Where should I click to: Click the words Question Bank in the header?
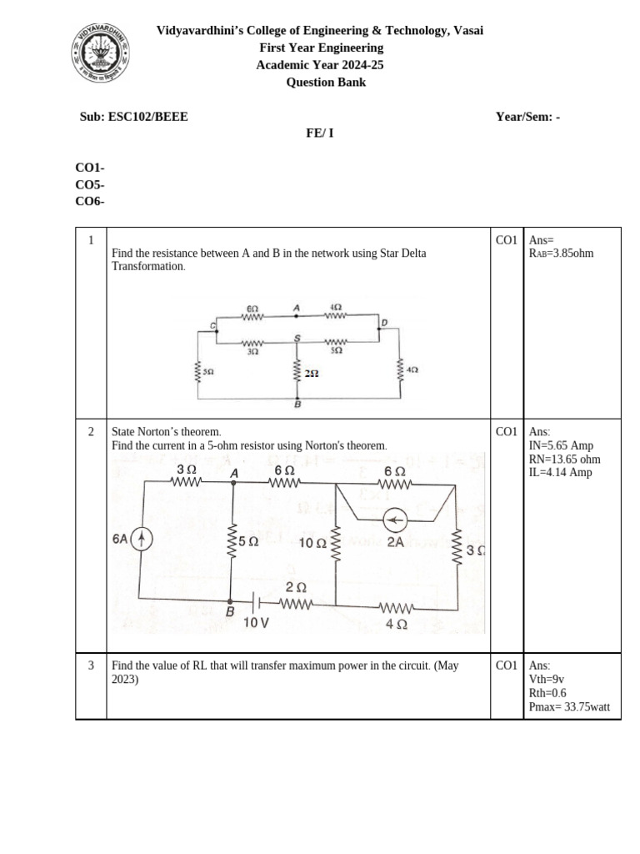(326, 82)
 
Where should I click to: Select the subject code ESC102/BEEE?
(148, 117)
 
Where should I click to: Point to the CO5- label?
(90, 184)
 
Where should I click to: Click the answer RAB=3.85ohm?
(561, 253)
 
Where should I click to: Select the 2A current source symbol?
(395, 522)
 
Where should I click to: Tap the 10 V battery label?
(256, 621)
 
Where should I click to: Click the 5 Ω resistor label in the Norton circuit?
(248, 541)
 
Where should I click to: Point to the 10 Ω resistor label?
(312, 544)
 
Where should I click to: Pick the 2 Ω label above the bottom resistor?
(296, 587)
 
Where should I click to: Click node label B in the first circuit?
(297, 404)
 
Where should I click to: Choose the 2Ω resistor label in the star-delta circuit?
(312, 374)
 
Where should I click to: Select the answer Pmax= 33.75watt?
(569, 707)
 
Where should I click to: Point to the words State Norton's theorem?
(167, 432)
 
